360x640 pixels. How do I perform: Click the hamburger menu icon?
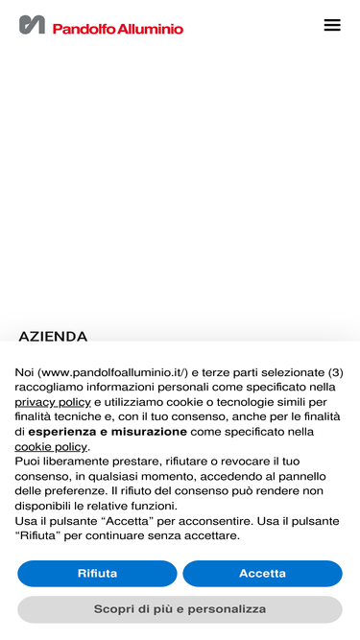point(332,25)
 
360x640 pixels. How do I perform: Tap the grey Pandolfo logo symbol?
point(32,25)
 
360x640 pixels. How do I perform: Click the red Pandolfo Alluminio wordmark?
point(117,29)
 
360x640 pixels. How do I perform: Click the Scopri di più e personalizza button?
point(180,609)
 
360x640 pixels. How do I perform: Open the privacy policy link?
point(53,402)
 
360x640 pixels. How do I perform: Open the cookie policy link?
point(51,446)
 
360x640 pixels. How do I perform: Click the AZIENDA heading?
point(53,337)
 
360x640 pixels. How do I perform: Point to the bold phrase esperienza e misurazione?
point(108,432)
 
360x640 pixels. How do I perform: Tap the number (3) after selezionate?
point(335,372)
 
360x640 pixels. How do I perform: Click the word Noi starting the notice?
point(24,372)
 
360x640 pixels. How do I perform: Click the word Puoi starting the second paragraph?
point(28,462)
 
